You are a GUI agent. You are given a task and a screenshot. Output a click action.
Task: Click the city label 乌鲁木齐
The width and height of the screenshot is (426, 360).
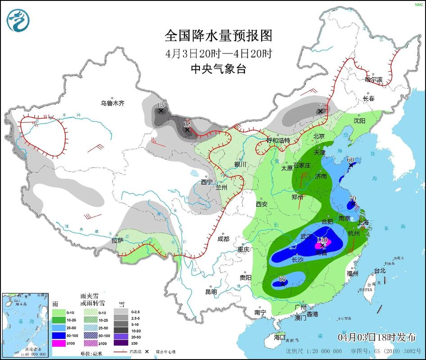coord(112,103)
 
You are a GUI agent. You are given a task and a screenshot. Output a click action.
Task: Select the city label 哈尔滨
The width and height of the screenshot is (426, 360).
coord(373,80)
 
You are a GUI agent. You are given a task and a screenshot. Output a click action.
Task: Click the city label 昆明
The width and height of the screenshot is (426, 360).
coord(211,292)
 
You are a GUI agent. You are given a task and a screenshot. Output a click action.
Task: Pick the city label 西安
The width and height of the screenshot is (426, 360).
coord(262,204)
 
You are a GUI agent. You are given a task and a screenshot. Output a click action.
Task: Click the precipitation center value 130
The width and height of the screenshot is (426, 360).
coord(322,240)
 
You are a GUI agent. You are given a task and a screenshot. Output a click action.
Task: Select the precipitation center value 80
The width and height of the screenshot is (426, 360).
coord(282,279)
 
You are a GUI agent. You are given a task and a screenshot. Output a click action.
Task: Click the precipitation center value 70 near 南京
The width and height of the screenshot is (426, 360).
coord(353,198)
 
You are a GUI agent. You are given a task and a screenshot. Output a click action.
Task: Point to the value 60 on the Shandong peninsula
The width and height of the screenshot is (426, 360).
coord(350,160)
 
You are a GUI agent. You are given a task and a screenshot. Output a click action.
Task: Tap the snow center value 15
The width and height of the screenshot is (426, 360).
coord(160,105)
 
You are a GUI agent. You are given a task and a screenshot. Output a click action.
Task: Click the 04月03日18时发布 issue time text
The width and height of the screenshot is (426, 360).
coord(376,337)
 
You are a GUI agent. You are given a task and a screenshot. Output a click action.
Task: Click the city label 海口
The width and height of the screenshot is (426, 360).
coord(280,337)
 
